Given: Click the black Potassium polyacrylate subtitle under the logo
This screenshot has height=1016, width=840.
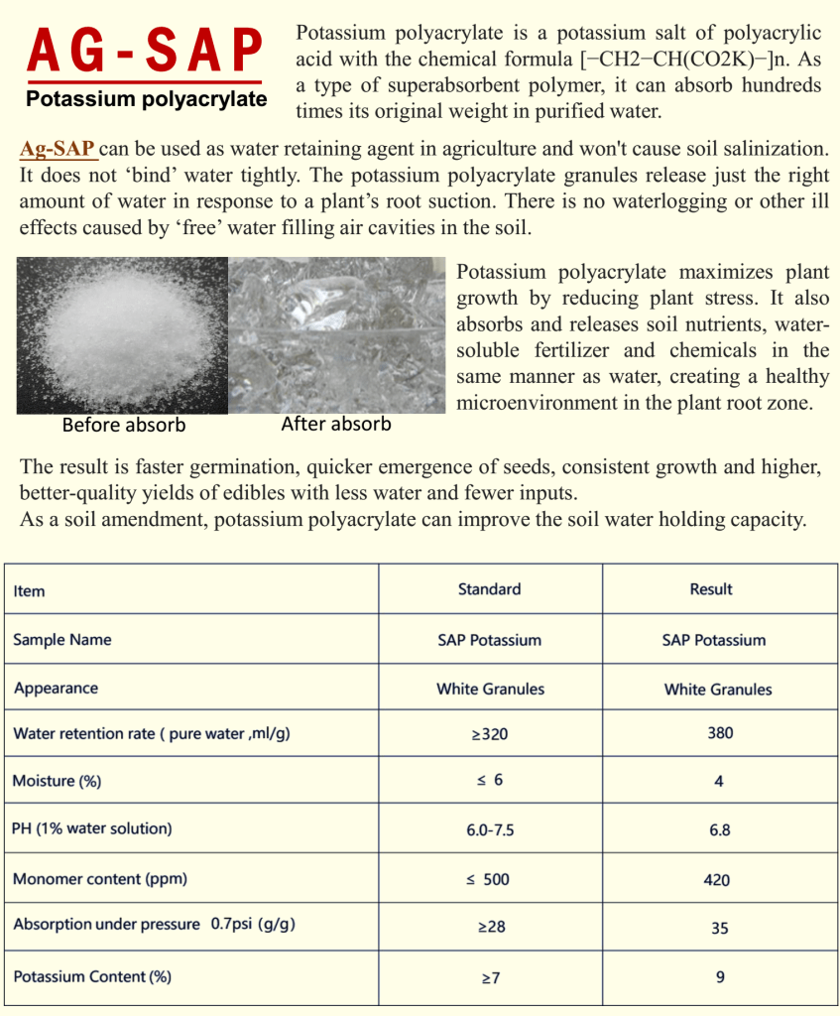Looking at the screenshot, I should [x=146, y=99].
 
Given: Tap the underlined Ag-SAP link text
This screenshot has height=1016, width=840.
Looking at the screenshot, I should [x=59, y=150].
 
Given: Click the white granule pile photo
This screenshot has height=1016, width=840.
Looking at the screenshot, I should [x=122, y=335].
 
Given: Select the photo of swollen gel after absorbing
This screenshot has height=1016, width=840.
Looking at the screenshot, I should [x=337, y=335].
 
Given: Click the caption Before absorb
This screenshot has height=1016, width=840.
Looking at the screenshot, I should [x=124, y=426].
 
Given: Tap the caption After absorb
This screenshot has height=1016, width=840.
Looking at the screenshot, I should [x=336, y=424].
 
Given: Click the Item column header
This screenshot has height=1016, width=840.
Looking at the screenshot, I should [x=30, y=591].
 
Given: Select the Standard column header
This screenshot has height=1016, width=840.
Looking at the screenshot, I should [x=489, y=589].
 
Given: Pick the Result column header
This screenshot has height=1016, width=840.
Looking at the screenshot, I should [x=710, y=589].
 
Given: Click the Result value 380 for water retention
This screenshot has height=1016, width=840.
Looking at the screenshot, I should [x=720, y=733].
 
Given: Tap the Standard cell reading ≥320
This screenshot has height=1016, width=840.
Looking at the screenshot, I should [x=489, y=734].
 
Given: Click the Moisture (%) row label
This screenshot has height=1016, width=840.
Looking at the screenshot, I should [x=58, y=781].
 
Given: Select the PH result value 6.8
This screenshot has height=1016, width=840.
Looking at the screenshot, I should [x=720, y=829].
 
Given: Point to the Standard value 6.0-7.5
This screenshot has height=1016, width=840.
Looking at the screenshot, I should [x=490, y=829].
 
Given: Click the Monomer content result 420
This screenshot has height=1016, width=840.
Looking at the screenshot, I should [x=716, y=880].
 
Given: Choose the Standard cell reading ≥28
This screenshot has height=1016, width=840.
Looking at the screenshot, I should [x=490, y=927].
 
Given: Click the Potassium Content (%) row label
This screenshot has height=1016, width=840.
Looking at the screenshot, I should [x=92, y=976].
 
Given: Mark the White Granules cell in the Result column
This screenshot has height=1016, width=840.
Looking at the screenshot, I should [x=718, y=689].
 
